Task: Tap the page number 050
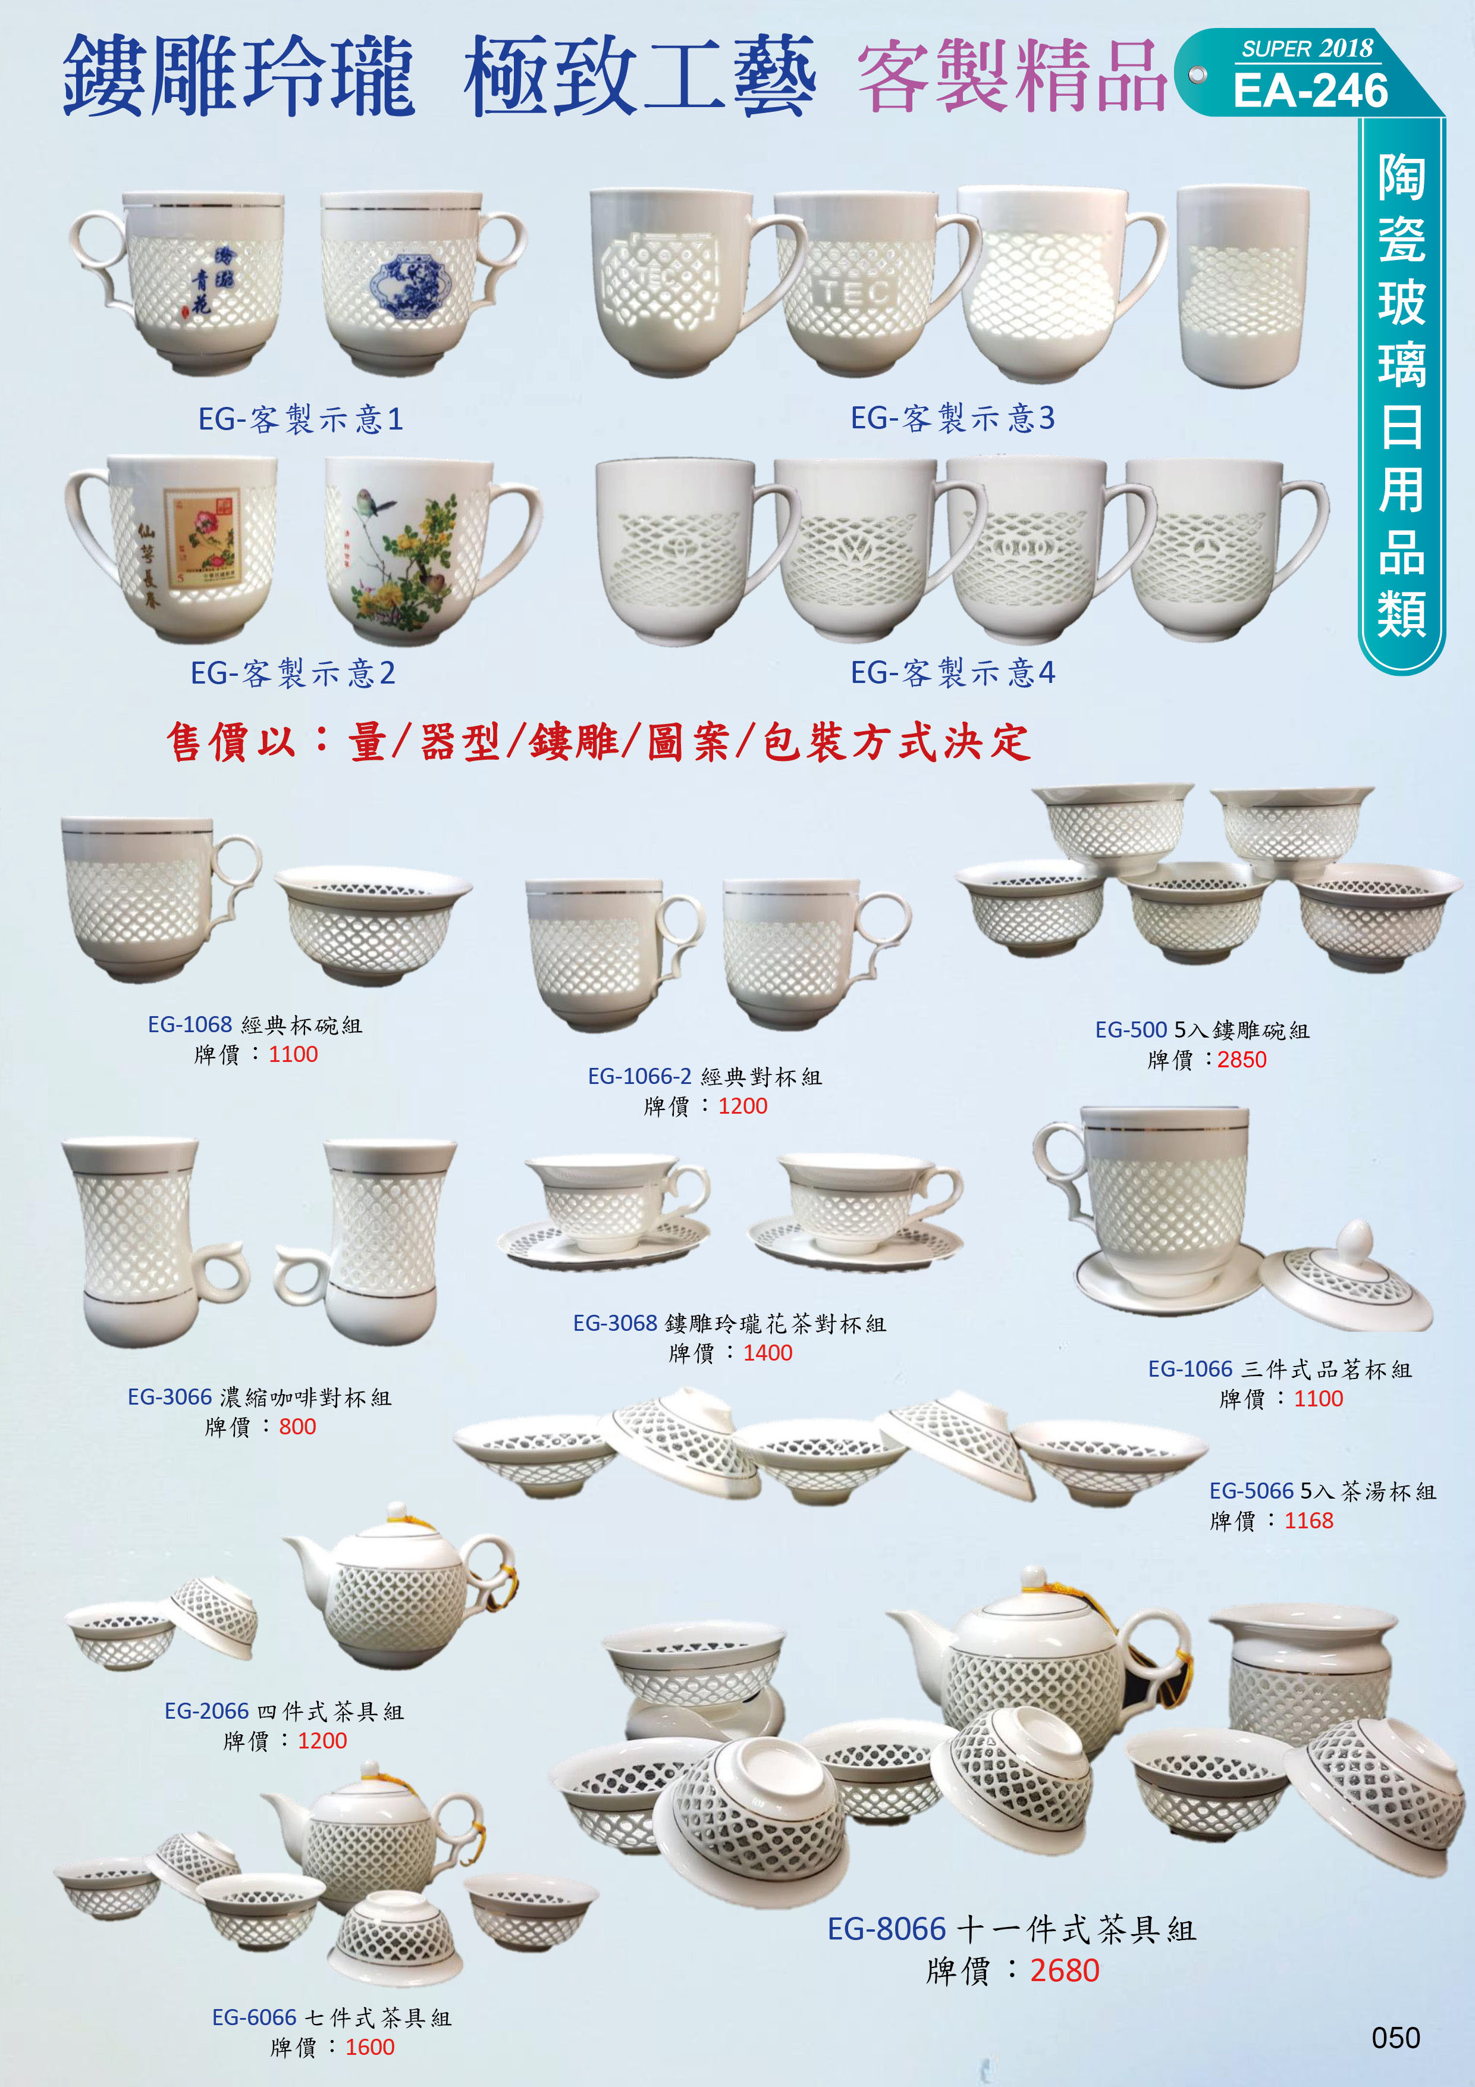[x=1395, y=2037]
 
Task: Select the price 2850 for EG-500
[x=1241, y=1060]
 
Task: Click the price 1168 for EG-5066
[x=1308, y=1521]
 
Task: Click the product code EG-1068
[x=190, y=1024]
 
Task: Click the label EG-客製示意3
[x=952, y=418]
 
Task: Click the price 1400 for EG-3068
[x=767, y=1352]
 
